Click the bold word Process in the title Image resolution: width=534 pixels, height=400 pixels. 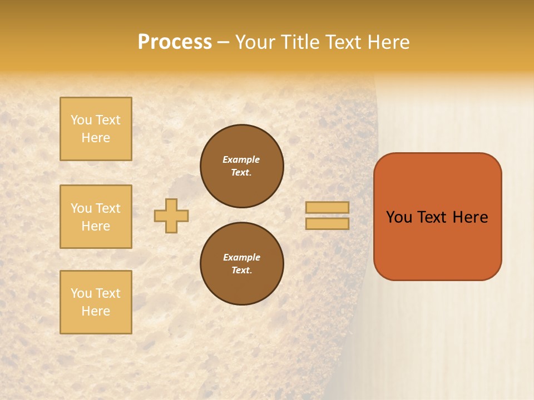[x=175, y=42]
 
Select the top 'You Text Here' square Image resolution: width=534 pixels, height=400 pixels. [x=96, y=129]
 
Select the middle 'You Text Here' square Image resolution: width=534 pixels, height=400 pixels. [x=96, y=217]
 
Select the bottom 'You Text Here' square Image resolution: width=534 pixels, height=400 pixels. [x=96, y=302]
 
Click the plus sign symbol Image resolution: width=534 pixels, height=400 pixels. [x=171, y=216]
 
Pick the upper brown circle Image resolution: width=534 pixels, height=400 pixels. [x=242, y=166]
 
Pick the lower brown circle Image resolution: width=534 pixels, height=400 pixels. [x=242, y=264]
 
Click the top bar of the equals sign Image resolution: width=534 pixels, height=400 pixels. [x=327, y=208]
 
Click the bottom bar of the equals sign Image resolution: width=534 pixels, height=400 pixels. [x=327, y=223]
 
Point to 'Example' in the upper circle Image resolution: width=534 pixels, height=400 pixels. [x=241, y=159]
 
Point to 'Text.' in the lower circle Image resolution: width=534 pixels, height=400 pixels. [x=241, y=271]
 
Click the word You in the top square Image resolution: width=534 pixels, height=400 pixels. [x=81, y=120]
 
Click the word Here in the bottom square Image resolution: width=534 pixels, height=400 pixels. [x=96, y=311]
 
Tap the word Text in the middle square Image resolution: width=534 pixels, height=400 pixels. [x=108, y=208]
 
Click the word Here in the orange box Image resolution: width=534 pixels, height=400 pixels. [x=470, y=217]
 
